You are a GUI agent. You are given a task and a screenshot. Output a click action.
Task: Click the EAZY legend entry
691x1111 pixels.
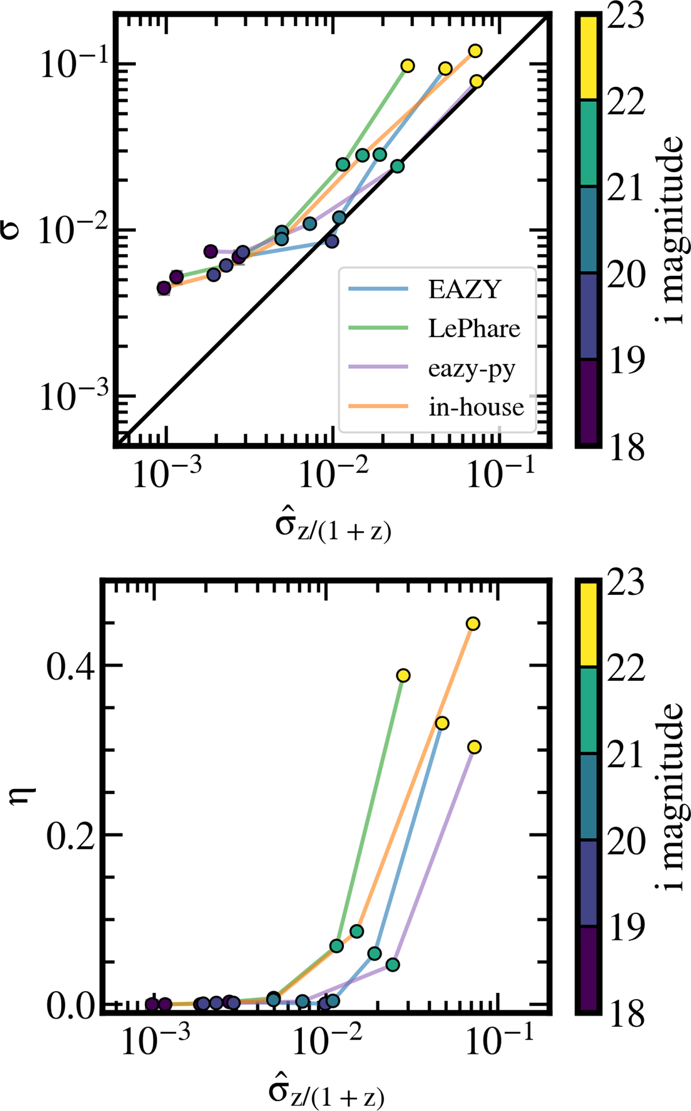[x=464, y=289]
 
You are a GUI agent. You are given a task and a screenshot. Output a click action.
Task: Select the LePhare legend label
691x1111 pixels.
[x=473, y=329]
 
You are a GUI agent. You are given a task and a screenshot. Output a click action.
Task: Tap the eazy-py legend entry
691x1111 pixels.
[x=471, y=368]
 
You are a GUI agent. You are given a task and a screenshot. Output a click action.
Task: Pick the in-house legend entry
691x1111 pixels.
[x=476, y=407]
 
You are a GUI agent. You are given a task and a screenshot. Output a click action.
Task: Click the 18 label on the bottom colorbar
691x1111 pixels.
[x=627, y=1014]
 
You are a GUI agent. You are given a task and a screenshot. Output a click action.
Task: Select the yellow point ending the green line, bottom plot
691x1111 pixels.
[x=403, y=675]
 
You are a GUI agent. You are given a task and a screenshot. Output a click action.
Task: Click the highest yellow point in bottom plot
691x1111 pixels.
[x=473, y=624]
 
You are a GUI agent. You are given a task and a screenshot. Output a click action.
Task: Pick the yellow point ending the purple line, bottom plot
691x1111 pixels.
[x=474, y=747]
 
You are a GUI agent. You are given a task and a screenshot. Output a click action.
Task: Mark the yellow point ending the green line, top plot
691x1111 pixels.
[x=407, y=66]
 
